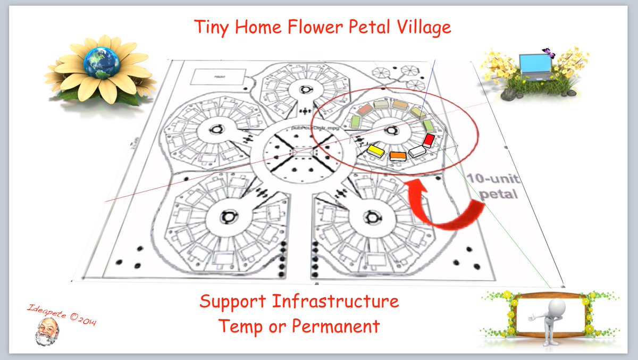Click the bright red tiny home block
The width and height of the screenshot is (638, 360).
point(429,140)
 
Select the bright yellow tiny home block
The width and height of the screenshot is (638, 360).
point(376,150)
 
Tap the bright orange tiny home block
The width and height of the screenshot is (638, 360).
point(398,155)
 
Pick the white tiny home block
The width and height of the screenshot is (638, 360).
point(417,152)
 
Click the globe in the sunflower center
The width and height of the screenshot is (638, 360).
point(101,62)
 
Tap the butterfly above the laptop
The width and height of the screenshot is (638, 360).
point(545,52)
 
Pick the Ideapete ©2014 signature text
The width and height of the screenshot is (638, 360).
point(61,314)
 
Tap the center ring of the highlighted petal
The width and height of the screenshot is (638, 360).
point(391,130)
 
